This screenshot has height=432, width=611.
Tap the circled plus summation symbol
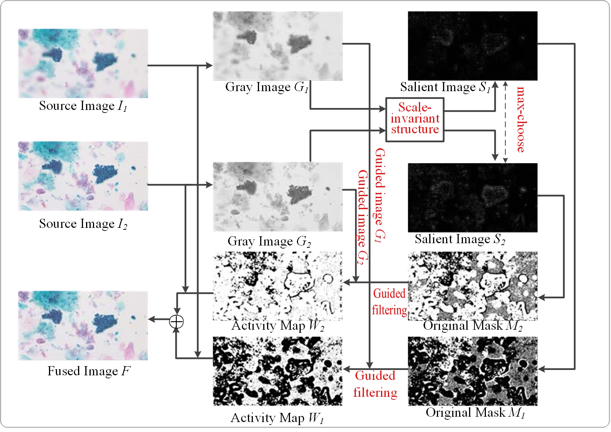pos(176,321)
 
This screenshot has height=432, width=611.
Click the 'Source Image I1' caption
pos(83,106)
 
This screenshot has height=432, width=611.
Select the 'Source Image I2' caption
pos(83,224)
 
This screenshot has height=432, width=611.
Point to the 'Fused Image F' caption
pos(88,371)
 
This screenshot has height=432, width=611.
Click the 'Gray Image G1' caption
pos(267,87)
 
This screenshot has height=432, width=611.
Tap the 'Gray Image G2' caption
pos(269,242)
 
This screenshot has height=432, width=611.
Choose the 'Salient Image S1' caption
pos(445,87)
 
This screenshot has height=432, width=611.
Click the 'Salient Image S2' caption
pos(460,239)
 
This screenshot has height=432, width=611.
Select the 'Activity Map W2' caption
pos(278,326)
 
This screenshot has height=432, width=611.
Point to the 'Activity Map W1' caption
pos(277,418)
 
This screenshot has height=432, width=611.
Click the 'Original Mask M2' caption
pos(473,326)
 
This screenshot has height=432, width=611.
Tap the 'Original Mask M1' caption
pos(475,413)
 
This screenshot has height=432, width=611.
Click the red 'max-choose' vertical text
pos(521,119)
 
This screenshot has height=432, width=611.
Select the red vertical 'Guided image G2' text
pos(362,217)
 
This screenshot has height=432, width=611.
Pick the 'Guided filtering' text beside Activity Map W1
pos(375,384)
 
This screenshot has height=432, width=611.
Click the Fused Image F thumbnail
pos(83,325)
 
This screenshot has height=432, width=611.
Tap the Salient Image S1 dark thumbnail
pos(473,46)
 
